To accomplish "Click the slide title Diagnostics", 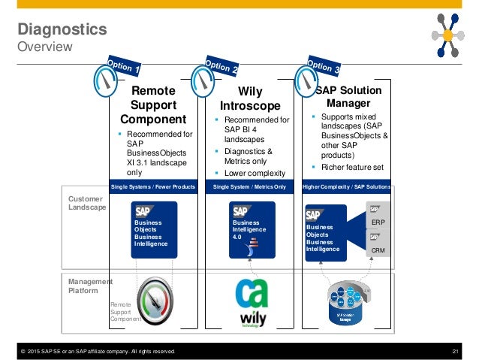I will (x=62, y=30).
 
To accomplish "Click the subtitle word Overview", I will (x=44, y=47).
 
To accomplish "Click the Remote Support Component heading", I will (x=153, y=104).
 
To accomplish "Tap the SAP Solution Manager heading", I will (x=348, y=97).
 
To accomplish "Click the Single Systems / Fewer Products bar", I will (x=153, y=186).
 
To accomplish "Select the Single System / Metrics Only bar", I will (x=249, y=186).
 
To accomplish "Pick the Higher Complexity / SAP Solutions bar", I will (x=347, y=186).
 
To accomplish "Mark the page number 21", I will (x=454, y=351).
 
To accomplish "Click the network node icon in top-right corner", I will (x=448, y=33).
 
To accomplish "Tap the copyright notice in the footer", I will (x=98, y=351).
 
